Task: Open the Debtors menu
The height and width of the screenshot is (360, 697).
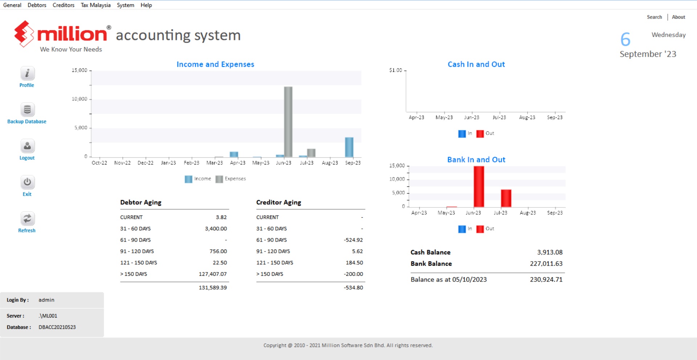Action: coord(37,5)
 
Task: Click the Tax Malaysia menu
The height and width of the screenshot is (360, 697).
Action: coord(95,5)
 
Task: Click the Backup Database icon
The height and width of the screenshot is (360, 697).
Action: coord(27,110)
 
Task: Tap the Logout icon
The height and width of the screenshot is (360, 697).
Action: coord(27,146)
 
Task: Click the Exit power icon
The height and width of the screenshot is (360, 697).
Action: coord(27,182)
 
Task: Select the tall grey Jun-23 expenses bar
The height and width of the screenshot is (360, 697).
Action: coord(288,122)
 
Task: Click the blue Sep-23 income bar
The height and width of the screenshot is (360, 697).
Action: coord(349,147)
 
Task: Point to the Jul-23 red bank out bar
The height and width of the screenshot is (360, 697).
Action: coord(506,198)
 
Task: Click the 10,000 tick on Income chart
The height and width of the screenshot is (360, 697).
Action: coord(80,99)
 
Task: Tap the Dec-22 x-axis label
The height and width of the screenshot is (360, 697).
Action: coord(145,163)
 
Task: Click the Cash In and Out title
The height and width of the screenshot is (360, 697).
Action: coord(476,64)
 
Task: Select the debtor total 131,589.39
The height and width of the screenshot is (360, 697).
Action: coord(213,287)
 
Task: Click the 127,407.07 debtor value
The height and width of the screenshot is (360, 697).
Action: coord(213,274)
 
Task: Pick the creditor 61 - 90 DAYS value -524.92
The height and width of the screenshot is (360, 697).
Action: coord(353,240)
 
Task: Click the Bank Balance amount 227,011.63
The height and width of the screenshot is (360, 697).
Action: coord(546,264)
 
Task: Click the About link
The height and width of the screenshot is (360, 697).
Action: coord(678,17)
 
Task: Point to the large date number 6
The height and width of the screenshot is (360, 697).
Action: coord(625,40)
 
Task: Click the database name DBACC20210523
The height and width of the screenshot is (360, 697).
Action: coord(57,327)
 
